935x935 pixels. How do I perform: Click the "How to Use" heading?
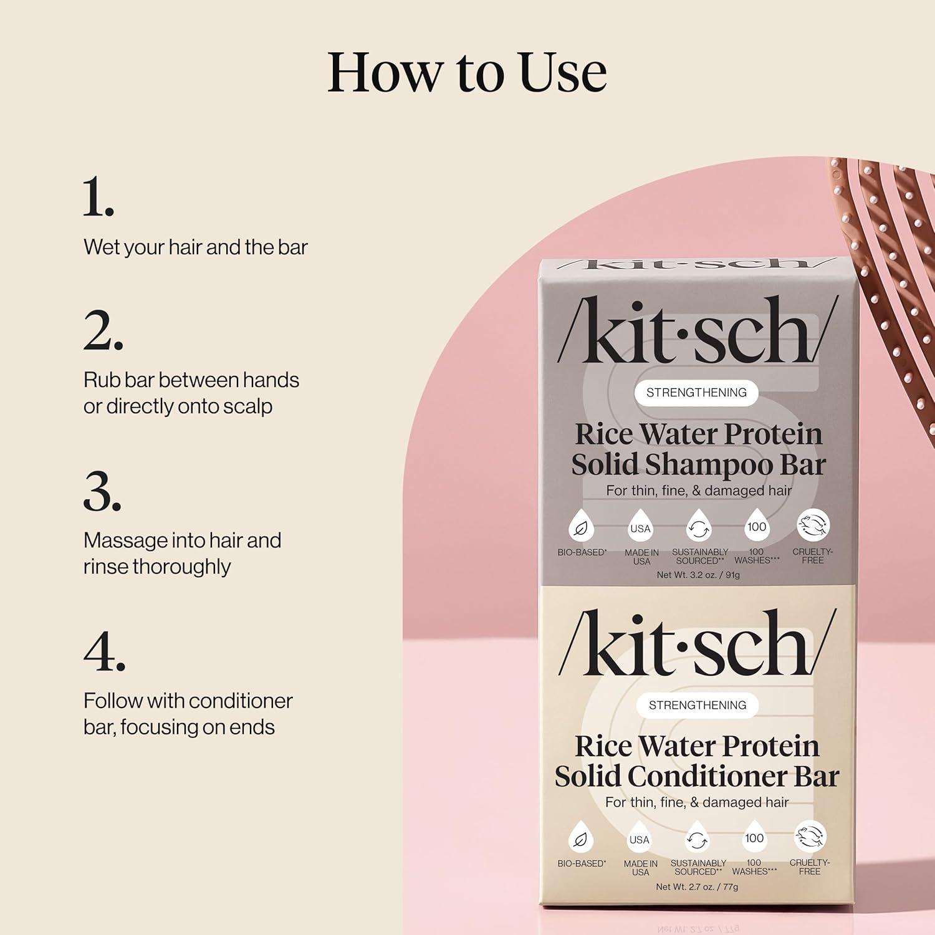pos(467,72)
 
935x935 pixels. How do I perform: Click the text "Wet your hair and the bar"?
pos(196,247)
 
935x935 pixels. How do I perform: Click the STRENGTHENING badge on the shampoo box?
pos(696,393)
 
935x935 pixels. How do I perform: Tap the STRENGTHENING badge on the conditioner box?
pos(698,705)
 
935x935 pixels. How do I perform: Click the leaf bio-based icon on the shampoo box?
pos(580,528)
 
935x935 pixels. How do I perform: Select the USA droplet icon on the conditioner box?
pos(640,840)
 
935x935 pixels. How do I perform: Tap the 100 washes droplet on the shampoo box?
pos(756,527)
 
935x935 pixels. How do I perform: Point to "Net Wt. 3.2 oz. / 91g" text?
pos(698,575)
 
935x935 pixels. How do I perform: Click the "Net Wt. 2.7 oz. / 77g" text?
pos(697,886)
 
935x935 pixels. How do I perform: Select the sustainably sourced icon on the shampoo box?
pos(699,528)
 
